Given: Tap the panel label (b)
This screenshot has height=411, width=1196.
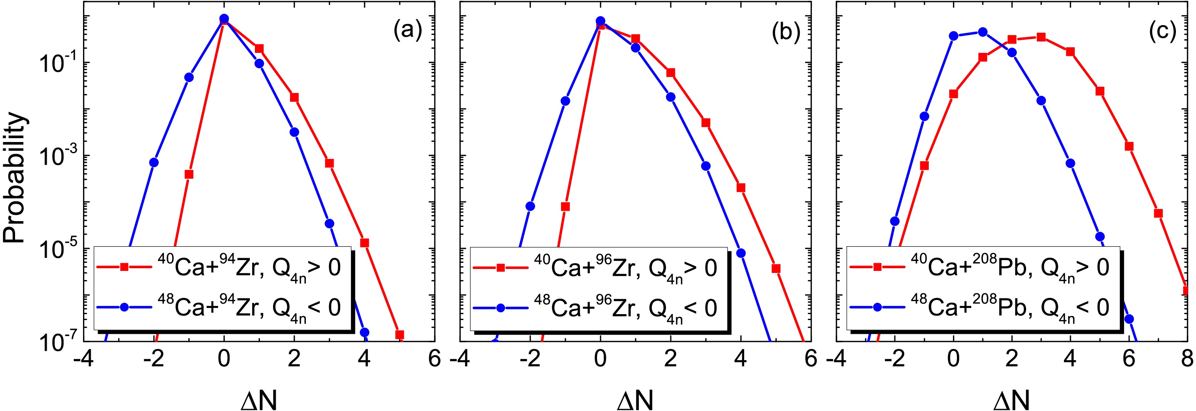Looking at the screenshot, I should click(785, 32).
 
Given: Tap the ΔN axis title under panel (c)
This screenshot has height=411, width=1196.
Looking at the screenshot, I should click(1012, 398).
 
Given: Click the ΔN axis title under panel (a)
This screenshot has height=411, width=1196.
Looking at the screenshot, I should click(259, 398).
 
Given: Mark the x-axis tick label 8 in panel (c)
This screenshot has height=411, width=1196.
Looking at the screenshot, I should click(1187, 359).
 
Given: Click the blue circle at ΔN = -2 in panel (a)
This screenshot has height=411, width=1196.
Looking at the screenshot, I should click(154, 162).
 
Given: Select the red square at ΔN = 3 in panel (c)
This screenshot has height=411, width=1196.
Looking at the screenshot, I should click(1040, 37).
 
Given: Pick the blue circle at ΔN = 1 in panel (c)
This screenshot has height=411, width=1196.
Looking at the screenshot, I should click(982, 32).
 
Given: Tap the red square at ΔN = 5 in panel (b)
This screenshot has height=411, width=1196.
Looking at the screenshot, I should click(776, 269).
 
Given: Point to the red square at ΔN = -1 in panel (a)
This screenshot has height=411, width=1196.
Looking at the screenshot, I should click(189, 174).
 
